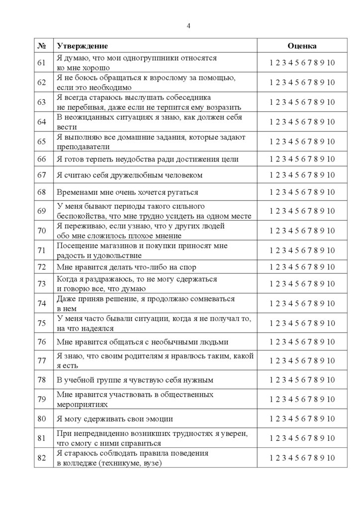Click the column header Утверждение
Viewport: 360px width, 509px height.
point(82,46)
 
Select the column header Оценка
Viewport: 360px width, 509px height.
point(302,46)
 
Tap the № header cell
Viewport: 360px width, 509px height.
point(42,46)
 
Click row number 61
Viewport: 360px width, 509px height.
point(42,63)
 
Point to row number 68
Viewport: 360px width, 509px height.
point(42,192)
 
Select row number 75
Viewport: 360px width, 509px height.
point(42,323)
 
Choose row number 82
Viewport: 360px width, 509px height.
point(42,458)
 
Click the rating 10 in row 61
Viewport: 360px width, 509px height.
point(331,63)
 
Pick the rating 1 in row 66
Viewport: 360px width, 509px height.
point(271,159)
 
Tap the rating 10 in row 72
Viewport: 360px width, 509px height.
point(331,267)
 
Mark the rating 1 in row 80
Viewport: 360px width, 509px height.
point(271,419)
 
